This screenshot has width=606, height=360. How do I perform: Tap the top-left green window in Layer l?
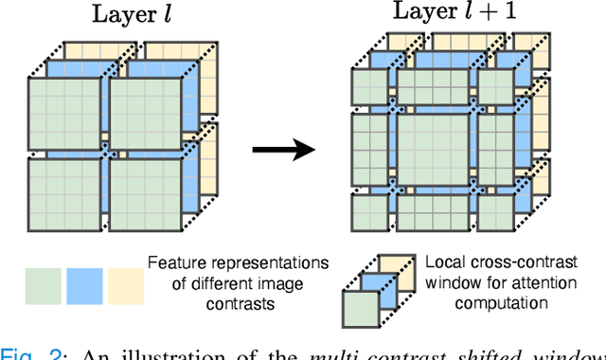[62, 113]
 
